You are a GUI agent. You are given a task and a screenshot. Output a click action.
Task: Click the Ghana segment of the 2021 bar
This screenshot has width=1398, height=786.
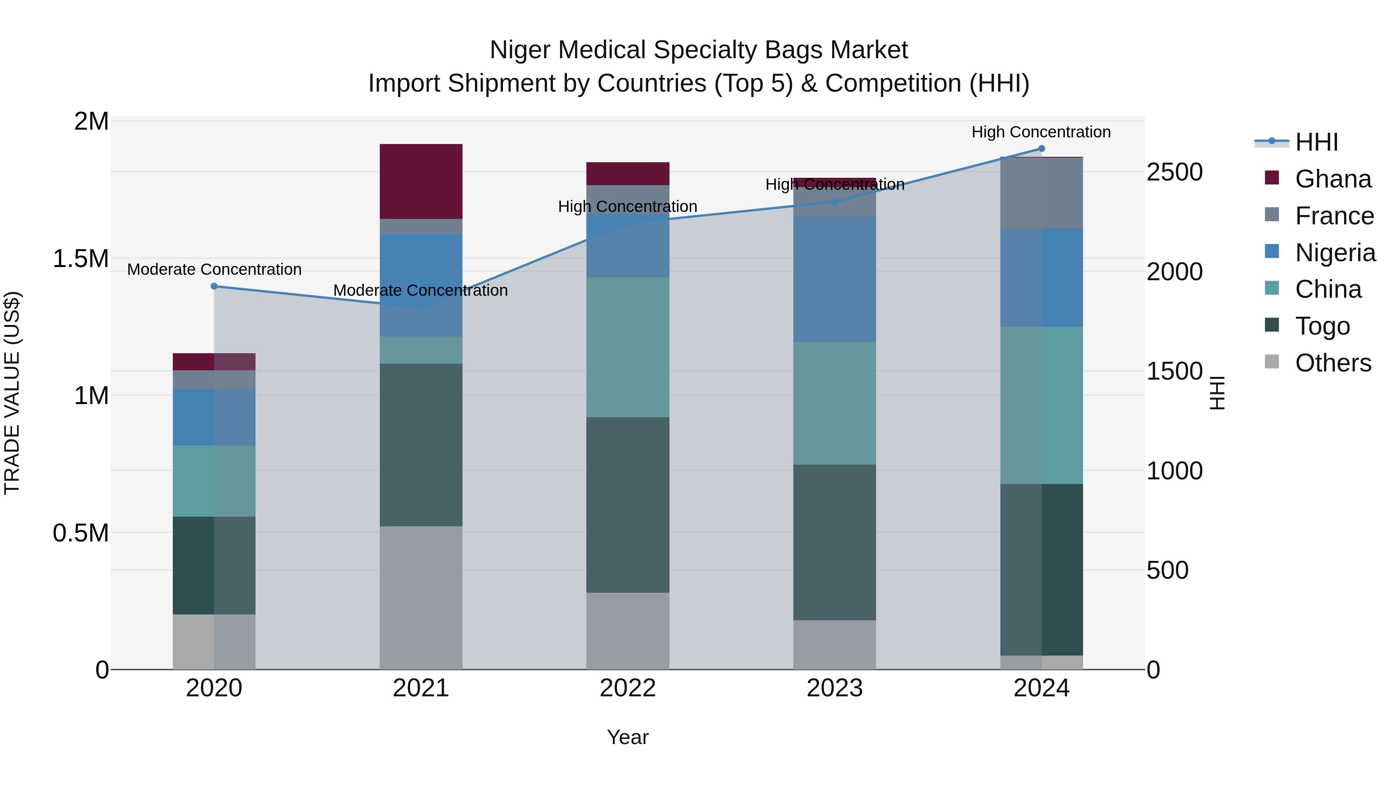[421, 181]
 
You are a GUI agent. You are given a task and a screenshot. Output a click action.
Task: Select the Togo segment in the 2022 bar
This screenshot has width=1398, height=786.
[628, 505]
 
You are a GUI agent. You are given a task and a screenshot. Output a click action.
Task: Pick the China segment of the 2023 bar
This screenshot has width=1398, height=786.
[834, 403]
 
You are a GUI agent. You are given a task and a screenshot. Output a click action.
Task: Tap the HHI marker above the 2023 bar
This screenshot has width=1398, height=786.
[835, 202]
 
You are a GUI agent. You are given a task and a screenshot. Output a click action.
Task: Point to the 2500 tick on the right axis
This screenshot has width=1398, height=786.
[1174, 172]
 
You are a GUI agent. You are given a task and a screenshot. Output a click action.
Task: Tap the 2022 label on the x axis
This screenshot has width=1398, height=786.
[628, 688]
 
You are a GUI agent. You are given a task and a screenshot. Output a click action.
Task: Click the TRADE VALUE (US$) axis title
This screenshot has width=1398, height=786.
[12, 393]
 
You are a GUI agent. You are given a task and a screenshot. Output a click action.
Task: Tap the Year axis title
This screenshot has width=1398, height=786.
[628, 737]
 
